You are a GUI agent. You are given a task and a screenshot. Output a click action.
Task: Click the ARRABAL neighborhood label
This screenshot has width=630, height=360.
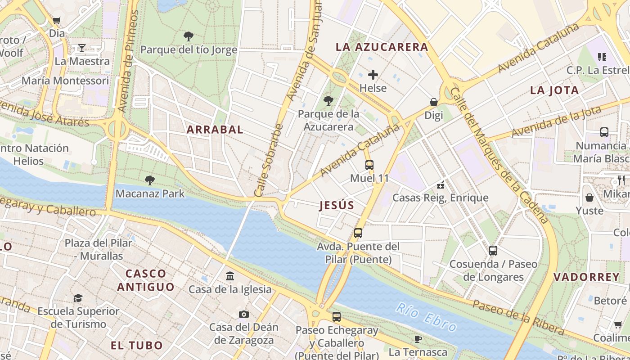215,130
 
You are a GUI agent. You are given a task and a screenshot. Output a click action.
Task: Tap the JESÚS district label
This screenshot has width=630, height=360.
337,206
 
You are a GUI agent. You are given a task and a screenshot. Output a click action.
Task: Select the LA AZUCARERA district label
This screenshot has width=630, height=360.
382,47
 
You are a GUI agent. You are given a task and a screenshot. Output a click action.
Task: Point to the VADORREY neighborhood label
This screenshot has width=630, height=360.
586,277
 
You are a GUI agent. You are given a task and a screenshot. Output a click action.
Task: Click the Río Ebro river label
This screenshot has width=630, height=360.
426,317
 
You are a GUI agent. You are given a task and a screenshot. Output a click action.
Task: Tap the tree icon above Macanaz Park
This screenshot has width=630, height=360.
150,180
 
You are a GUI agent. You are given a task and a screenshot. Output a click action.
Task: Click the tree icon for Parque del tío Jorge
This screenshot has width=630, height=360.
189,36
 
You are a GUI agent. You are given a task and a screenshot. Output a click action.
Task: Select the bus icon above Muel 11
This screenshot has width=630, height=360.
369,165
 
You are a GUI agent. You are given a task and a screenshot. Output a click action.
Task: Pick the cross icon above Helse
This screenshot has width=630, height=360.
373,75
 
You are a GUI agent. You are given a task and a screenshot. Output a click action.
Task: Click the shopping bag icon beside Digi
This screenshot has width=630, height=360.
434,102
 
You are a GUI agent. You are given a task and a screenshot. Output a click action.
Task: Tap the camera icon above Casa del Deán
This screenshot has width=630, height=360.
244,314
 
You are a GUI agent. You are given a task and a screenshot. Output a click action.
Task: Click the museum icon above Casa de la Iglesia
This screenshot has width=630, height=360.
230,276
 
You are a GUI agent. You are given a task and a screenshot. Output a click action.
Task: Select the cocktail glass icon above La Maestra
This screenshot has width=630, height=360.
82,48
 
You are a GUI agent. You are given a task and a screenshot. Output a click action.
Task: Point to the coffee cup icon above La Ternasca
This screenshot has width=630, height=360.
418,339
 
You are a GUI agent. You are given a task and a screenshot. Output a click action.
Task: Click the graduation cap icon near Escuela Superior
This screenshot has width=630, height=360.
78,298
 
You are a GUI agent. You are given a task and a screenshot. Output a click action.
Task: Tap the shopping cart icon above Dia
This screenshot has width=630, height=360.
57,20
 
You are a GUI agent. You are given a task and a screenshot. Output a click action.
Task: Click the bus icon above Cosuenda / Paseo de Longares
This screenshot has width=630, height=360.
493,251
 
